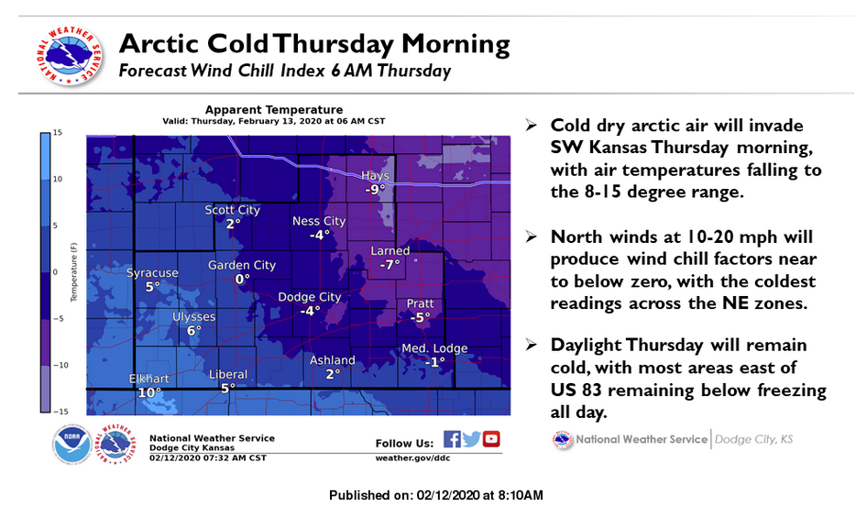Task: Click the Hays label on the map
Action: click(375, 176)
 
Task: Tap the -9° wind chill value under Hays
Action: click(375, 190)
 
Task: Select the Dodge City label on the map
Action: click(310, 297)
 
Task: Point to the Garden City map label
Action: click(242, 265)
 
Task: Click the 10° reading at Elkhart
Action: click(149, 392)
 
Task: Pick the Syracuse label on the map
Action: click(152, 273)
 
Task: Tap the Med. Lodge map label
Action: click(434, 348)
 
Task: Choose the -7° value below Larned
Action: click(390, 265)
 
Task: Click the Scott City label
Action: click(232, 210)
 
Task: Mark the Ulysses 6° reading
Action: click(193, 330)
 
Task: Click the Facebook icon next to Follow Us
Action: click(452, 439)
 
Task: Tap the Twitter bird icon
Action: click(471, 439)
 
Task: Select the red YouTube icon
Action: click(491, 439)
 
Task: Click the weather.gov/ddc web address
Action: click(412, 458)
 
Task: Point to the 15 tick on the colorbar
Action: click(58, 133)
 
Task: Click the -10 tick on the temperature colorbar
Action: click(60, 365)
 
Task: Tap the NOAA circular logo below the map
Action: click(72, 445)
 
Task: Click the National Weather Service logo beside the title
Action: click(70, 55)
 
